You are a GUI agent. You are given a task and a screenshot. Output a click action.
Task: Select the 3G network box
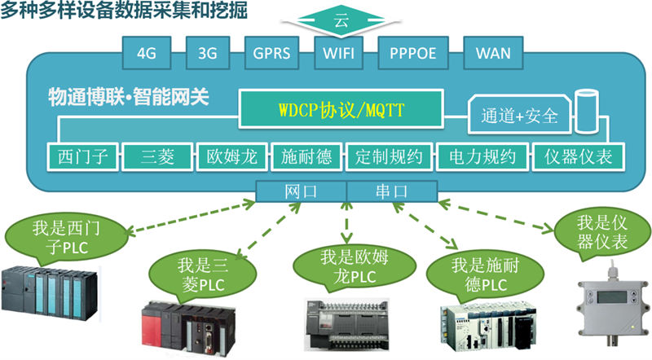[x=207, y=54]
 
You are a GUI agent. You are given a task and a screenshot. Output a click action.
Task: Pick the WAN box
[x=494, y=54]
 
